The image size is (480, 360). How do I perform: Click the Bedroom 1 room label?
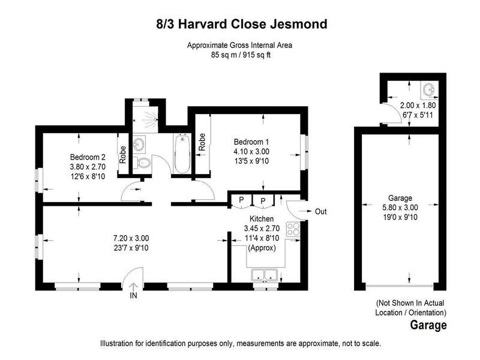point(251,142)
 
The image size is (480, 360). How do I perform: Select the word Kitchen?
point(262,220)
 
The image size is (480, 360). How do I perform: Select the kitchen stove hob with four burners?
point(293,229)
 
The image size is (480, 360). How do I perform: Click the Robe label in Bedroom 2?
point(123,155)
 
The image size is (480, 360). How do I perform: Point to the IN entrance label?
point(133,295)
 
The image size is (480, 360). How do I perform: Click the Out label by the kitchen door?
point(320,211)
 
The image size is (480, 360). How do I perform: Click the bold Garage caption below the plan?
point(428,326)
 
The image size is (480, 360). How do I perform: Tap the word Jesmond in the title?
point(300,25)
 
